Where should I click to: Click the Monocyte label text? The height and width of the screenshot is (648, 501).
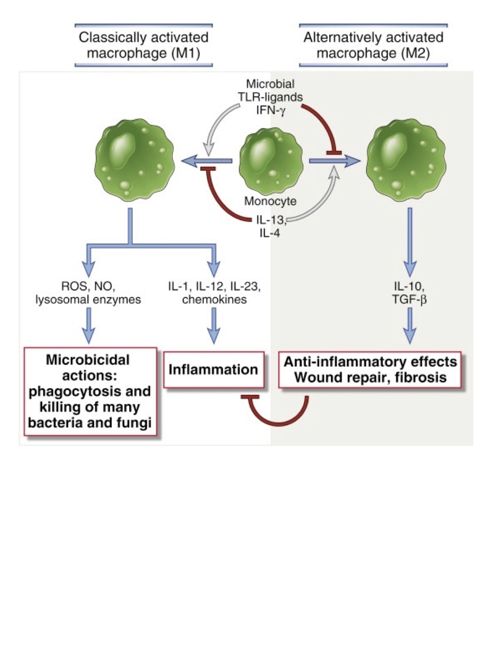[x=270, y=201]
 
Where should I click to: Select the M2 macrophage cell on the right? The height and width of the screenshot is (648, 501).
[x=406, y=161]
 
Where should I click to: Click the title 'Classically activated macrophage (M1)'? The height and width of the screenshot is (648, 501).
[x=143, y=45]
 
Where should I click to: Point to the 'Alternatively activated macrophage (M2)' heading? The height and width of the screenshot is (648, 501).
[x=373, y=45]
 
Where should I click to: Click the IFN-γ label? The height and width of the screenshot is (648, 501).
[x=271, y=110]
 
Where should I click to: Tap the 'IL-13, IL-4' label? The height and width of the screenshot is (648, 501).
[x=270, y=226]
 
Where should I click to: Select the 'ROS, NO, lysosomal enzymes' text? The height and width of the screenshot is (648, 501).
[x=88, y=293]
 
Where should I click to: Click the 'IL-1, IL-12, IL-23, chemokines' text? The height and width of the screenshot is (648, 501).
[x=214, y=293]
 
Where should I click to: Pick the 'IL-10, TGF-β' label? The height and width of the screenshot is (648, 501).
[x=409, y=293]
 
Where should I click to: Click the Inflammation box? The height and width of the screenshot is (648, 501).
[x=213, y=370]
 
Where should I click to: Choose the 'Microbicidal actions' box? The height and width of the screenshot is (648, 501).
[x=90, y=391]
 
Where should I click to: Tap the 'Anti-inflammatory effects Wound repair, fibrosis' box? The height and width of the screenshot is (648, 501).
[x=370, y=370]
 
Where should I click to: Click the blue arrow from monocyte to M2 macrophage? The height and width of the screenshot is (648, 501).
[x=334, y=161]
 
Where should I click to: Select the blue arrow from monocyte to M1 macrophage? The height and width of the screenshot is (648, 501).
[x=206, y=161]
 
